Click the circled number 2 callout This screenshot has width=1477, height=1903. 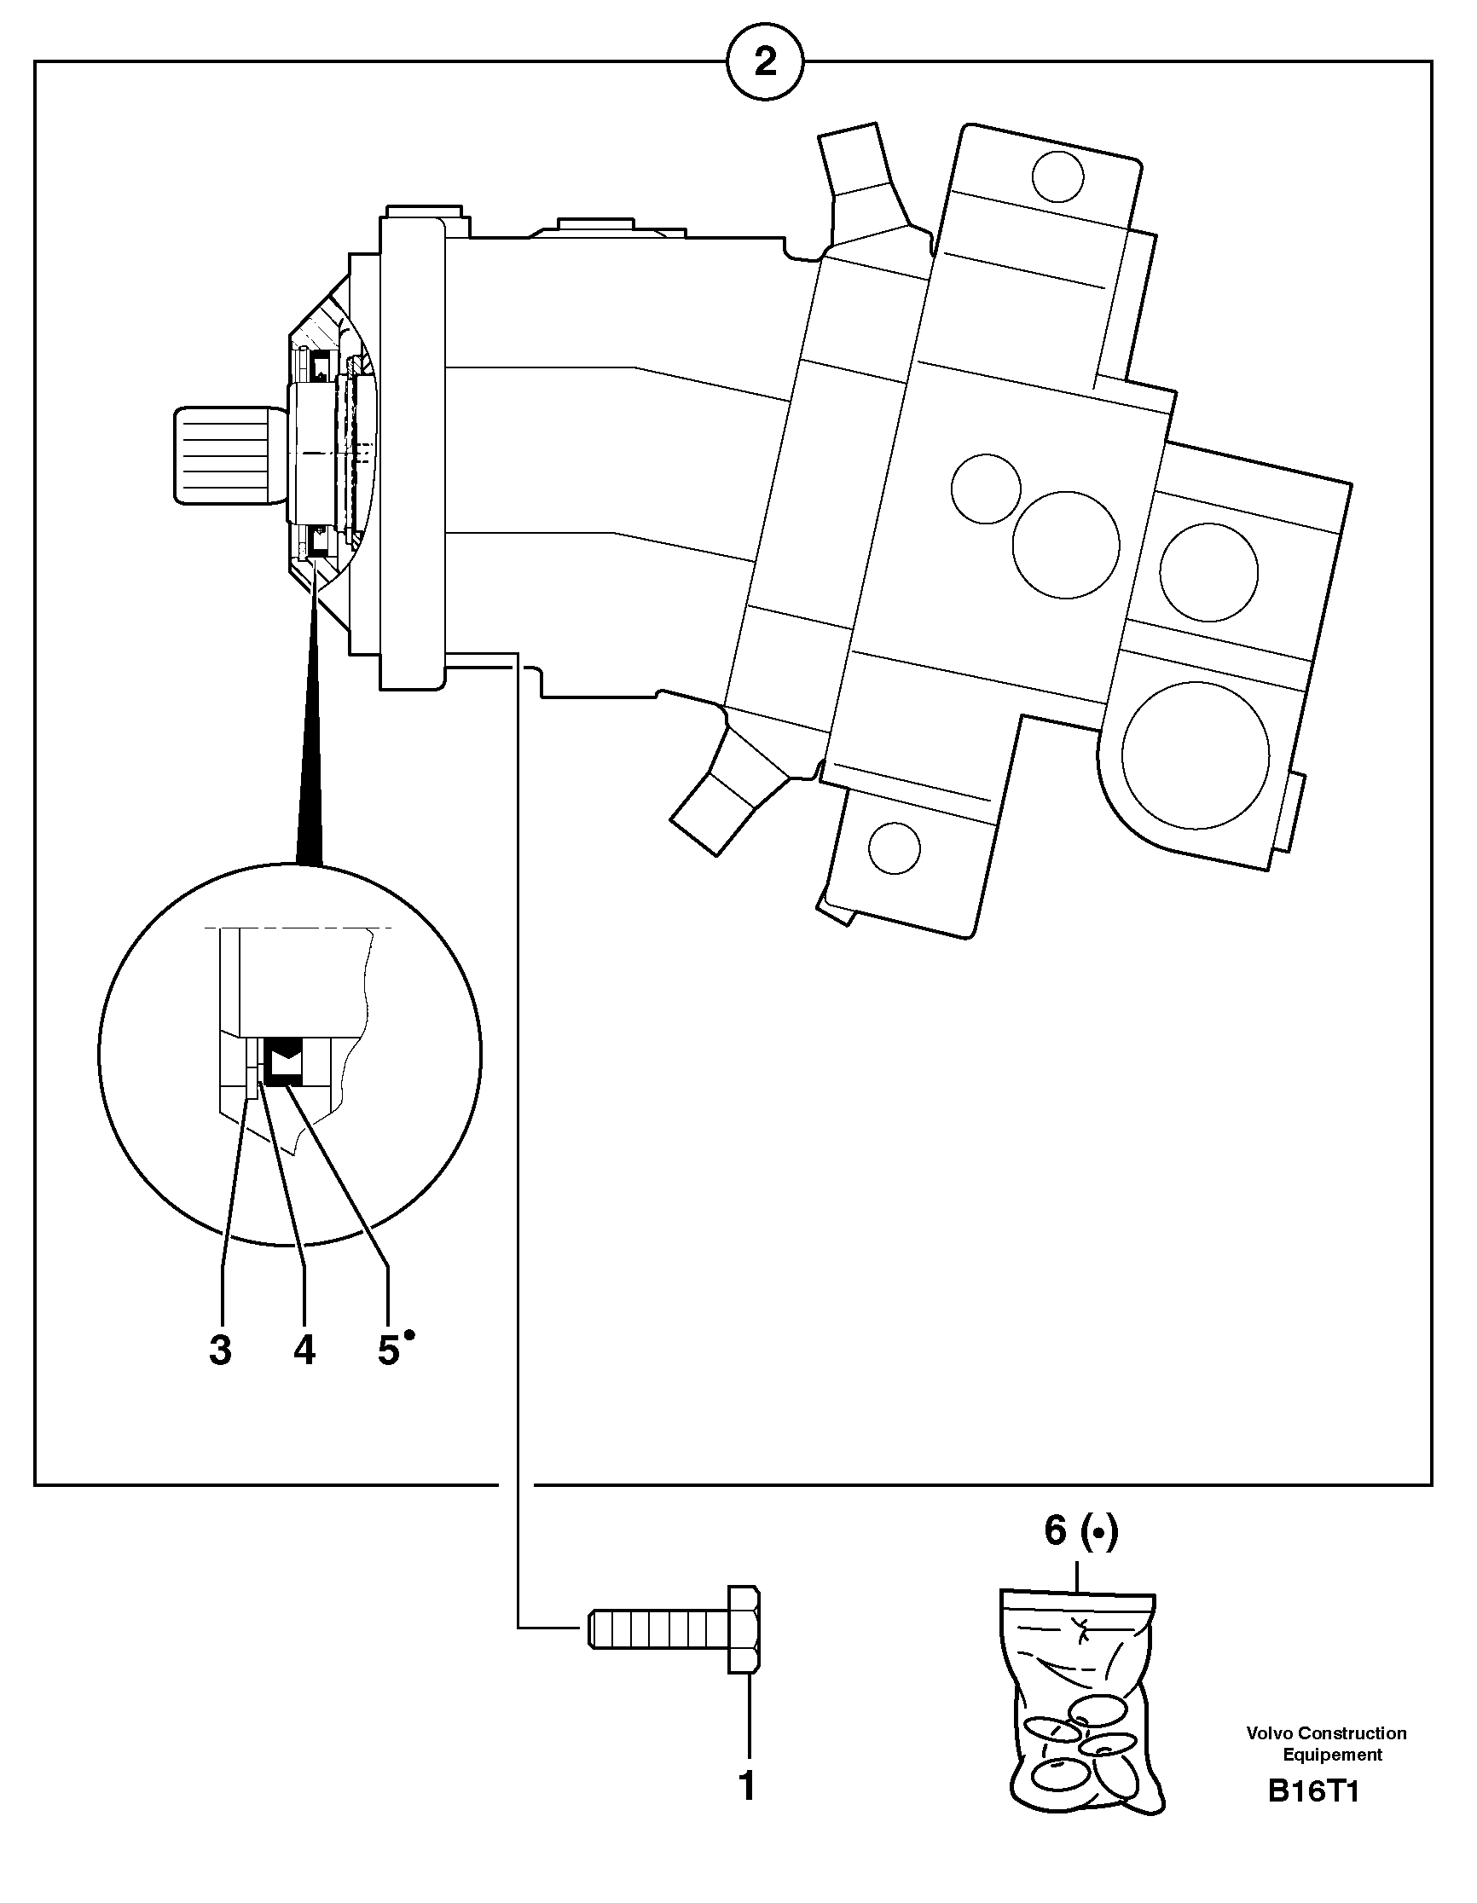764,62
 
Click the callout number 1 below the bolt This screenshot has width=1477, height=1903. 747,1785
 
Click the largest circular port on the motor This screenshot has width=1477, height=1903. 1196,755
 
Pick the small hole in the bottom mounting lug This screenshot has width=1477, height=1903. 895,847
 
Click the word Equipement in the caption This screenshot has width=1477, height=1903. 1332,1755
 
